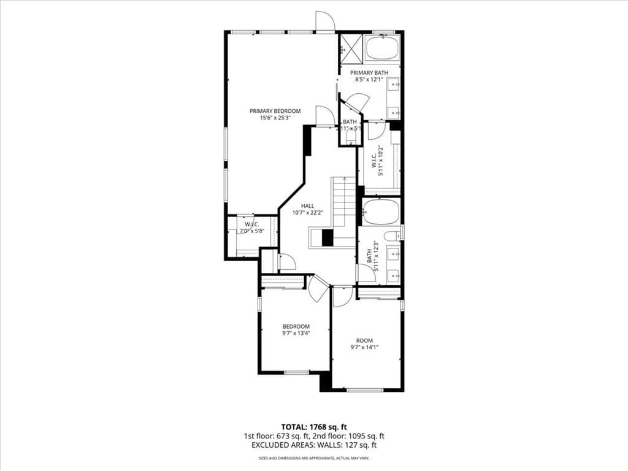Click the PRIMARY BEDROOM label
[x=275, y=111]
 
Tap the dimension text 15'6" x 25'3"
[x=275, y=118]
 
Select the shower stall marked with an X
[x=351, y=48]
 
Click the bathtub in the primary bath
[x=381, y=48]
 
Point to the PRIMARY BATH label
[x=369, y=73]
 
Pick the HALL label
[x=307, y=206]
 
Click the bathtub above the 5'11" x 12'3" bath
[x=381, y=212]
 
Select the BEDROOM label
[x=296, y=326]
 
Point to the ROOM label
[x=364, y=341]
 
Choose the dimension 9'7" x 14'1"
[x=364, y=348]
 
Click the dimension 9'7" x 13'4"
[x=296, y=334]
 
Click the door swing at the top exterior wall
[x=324, y=22]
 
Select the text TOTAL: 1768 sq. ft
[x=313, y=427]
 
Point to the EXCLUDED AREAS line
[x=313, y=446]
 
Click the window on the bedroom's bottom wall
[x=296, y=372]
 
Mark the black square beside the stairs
[x=327, y=237]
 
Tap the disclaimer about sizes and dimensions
[x=313, y=458]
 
